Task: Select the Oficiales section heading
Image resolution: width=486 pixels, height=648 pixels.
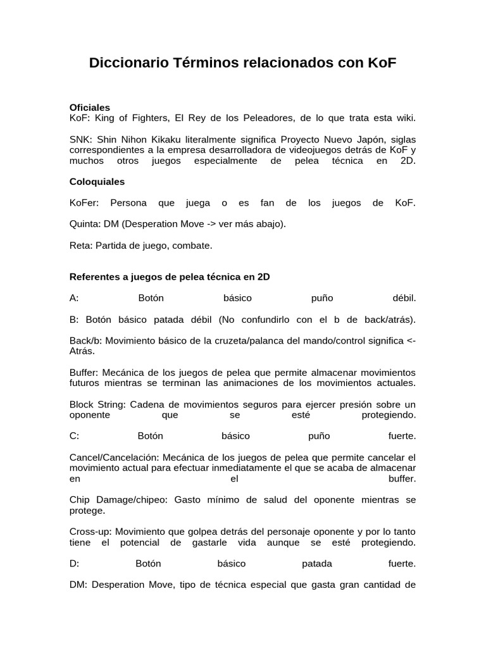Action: (x=90, y=108)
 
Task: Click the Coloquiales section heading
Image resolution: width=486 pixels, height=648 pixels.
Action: (x=97, y=182)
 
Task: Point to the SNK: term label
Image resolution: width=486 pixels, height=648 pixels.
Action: (x=80, y=139)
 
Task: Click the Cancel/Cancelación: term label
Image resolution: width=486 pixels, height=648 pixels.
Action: (x=115, y=457)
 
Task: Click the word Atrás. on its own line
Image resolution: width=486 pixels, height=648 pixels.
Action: (x=82, y=351)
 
